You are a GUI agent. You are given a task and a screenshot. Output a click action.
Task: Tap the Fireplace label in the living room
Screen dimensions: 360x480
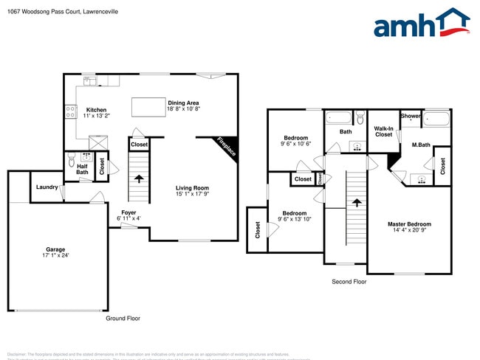(226, 147)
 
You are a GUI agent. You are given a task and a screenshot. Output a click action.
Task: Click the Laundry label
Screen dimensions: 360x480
(47, 187)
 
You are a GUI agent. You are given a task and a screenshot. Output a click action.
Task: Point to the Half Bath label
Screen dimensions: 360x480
(82, 169)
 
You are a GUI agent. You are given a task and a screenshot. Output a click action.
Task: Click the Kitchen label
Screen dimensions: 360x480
(96, 110)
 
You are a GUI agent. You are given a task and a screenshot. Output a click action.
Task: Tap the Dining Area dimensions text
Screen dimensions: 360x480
(184, 109)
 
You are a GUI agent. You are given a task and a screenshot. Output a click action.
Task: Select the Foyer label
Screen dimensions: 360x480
(128, 212)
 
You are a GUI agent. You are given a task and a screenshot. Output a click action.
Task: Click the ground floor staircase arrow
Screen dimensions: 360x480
(138, 178)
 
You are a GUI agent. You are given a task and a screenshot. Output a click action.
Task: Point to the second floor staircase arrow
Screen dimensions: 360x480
(357, 201)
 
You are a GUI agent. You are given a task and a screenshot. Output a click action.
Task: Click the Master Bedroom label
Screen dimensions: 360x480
(409, 224)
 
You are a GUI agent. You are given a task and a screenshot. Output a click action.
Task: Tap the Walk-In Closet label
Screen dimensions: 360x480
(383, 131)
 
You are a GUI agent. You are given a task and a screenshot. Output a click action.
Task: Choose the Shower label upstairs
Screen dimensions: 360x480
(411, 116)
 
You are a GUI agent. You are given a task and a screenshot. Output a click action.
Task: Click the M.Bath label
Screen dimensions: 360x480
(421, 145)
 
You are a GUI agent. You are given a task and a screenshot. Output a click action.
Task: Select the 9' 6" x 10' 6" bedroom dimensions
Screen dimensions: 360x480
(296, 144)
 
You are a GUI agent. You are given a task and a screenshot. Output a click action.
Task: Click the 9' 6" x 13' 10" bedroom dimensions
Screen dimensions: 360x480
(295, 219)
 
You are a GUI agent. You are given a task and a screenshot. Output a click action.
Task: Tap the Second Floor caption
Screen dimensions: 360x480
(349, 282)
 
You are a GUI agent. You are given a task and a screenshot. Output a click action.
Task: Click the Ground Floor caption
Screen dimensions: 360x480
(123, 319)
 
